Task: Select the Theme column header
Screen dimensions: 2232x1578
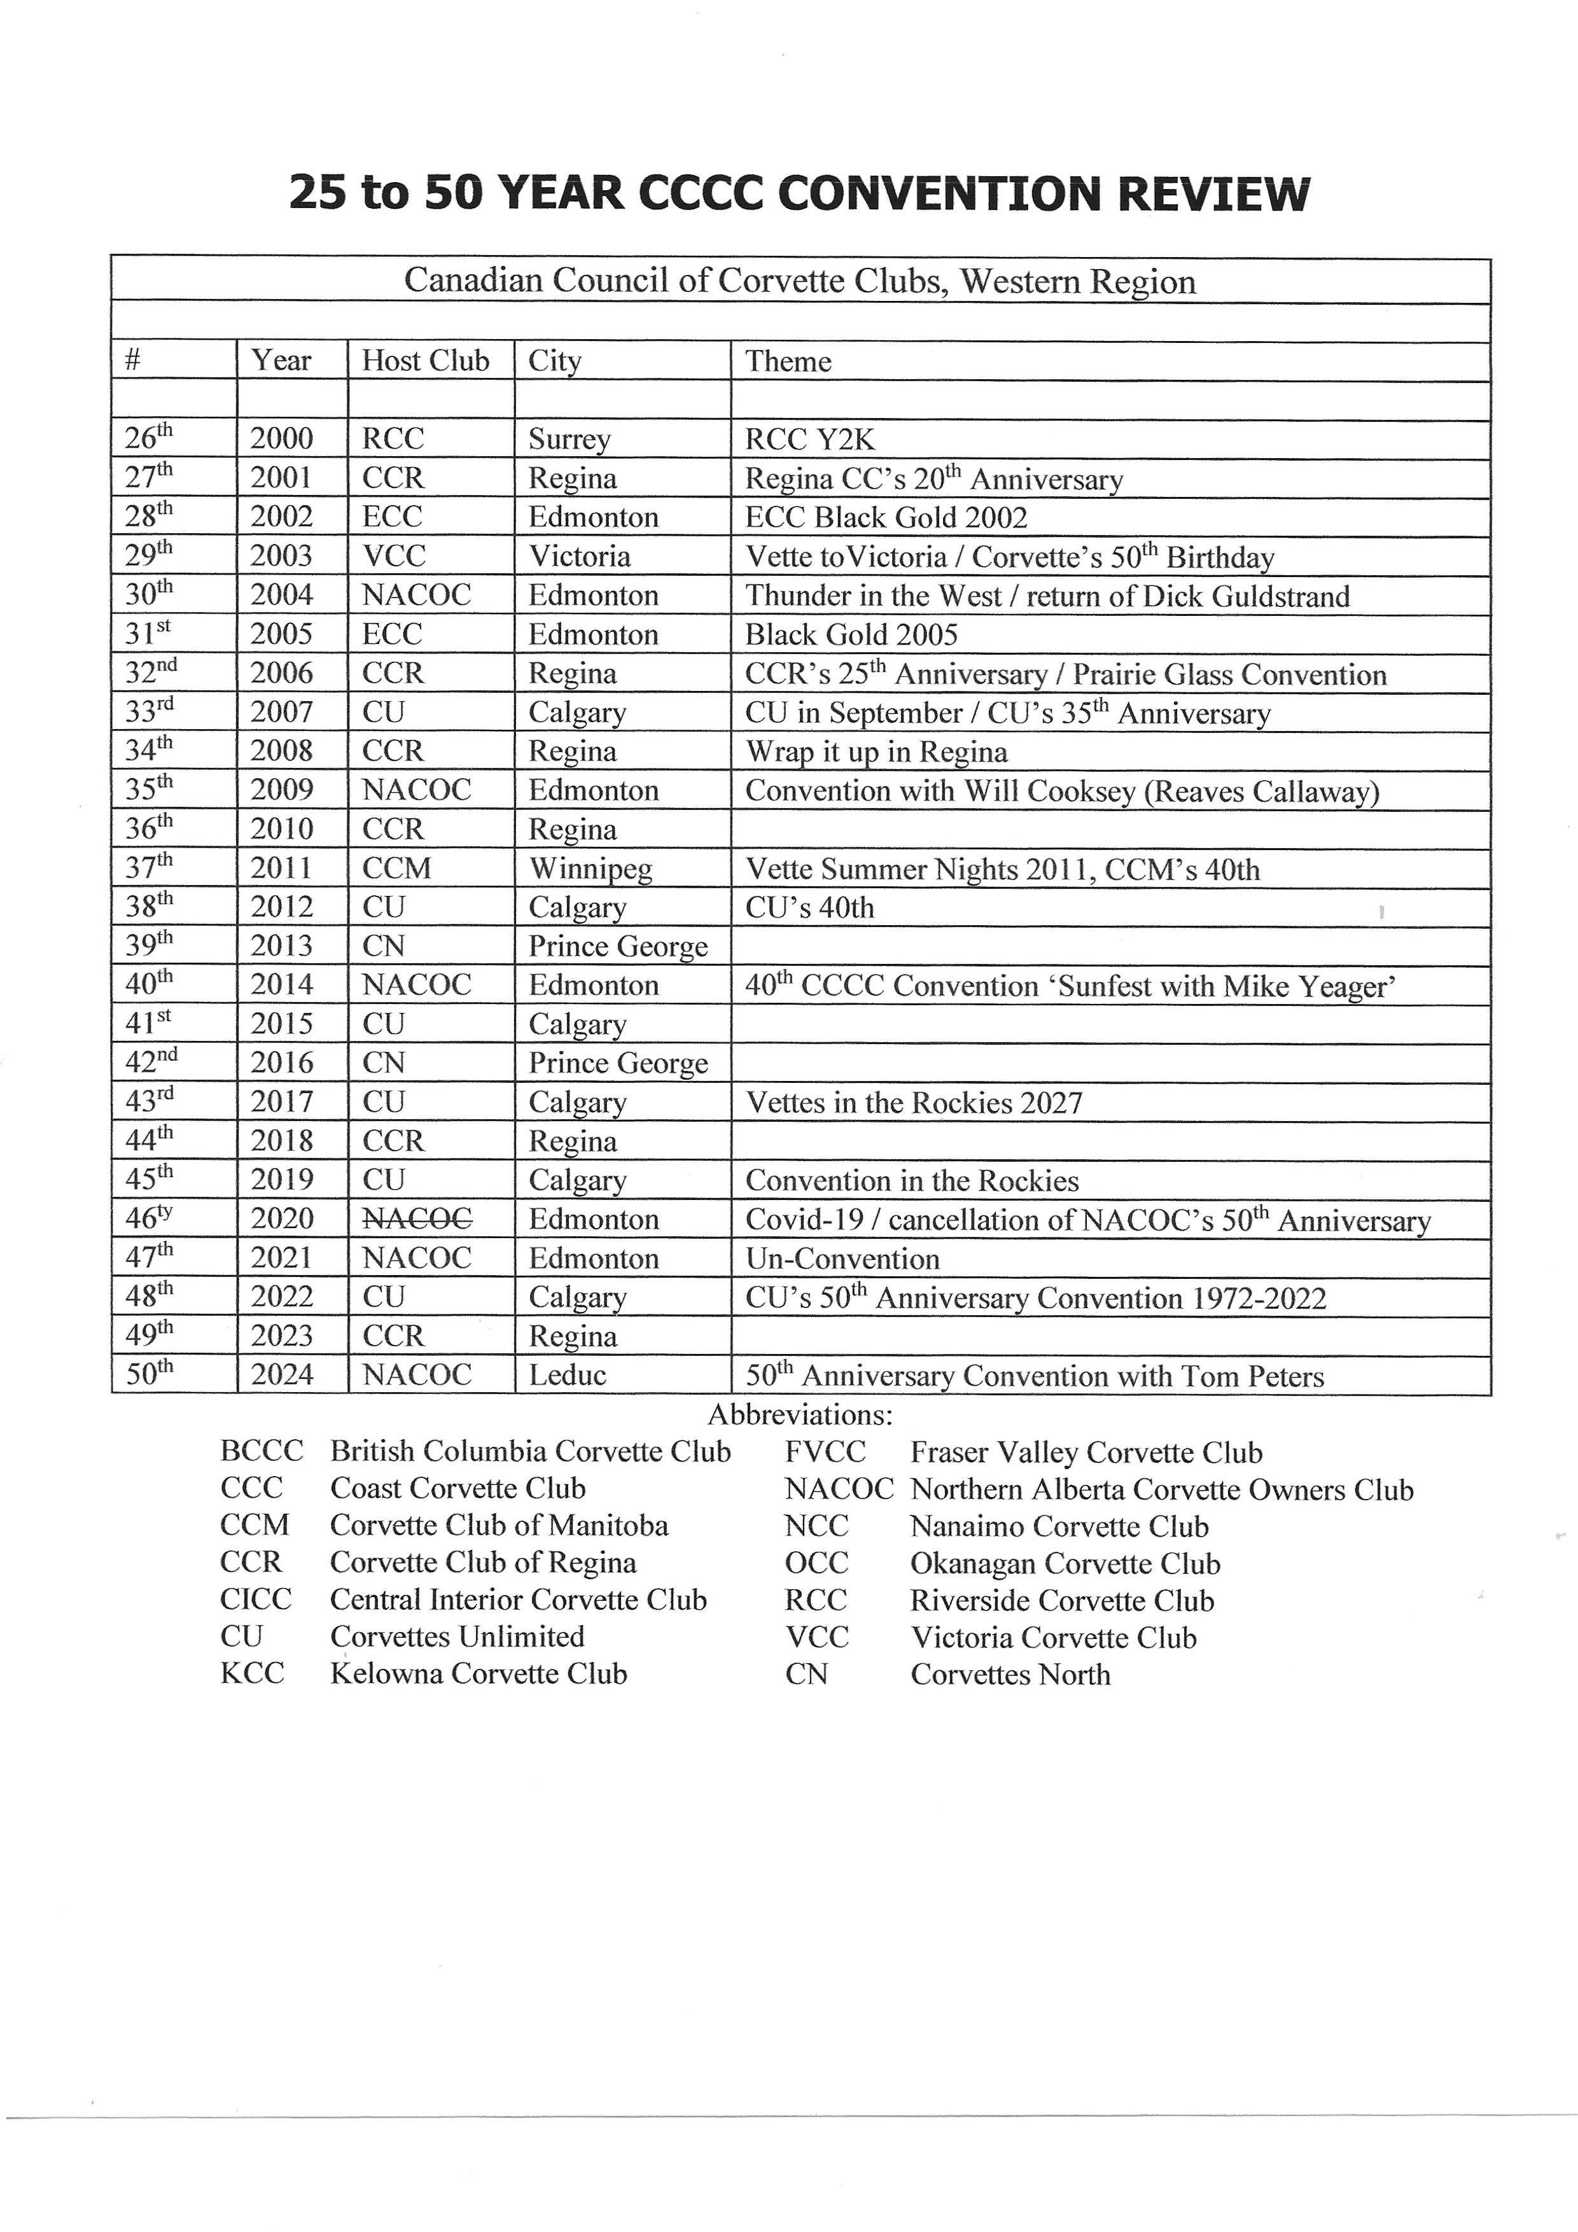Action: click(x=788, y=361)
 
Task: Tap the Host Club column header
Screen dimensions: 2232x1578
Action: click(x=425, y=361)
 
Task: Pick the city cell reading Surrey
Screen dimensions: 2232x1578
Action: click(x=569, y=440)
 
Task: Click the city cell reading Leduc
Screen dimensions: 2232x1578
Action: click(x=567, y=1374)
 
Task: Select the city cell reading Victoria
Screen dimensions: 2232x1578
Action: click(x=580, y=556)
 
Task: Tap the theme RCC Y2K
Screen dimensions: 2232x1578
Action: click(x=810, y=440)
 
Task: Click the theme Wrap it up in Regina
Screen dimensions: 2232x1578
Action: click(x=876, y=751)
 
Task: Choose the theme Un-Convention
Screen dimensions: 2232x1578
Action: click(x=842, y=1259)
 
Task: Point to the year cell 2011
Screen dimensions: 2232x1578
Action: click(x=281, y=868)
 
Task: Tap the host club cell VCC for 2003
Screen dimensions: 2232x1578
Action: click(x=394, y=556)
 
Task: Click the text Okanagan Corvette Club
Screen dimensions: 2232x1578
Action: click(x=1065, y=1563)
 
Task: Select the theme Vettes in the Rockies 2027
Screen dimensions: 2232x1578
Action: click(x=913, y=1103)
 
